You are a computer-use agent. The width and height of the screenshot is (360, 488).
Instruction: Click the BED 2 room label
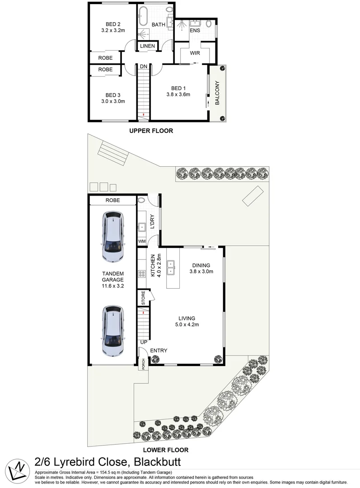point(113,24)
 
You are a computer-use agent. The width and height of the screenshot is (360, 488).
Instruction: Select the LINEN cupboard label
point(147,46)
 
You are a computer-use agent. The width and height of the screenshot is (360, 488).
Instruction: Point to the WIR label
point(195,53)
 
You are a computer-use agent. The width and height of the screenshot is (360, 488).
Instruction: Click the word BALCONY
point(217,93)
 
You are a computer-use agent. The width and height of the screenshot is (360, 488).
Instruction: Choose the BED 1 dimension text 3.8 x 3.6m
point(178,95)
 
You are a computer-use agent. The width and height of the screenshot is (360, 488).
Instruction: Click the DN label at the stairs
point(143,67)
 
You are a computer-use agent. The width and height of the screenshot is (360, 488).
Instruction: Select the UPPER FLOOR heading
point(151,131)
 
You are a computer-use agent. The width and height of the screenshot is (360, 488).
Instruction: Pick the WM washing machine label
point(142,242)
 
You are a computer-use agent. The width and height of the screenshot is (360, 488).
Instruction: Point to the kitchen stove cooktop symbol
point(141,273)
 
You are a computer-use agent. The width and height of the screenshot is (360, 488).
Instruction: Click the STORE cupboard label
point(143,299)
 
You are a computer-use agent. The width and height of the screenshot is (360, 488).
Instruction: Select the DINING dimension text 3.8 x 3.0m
point(201,272)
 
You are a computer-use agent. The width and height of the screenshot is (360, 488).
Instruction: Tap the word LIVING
point(187,318)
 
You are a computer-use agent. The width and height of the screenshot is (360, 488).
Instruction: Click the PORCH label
point(143,364)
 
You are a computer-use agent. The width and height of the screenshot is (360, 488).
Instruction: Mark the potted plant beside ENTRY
point(155,359)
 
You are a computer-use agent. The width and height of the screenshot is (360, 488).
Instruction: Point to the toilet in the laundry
point(141,201)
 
